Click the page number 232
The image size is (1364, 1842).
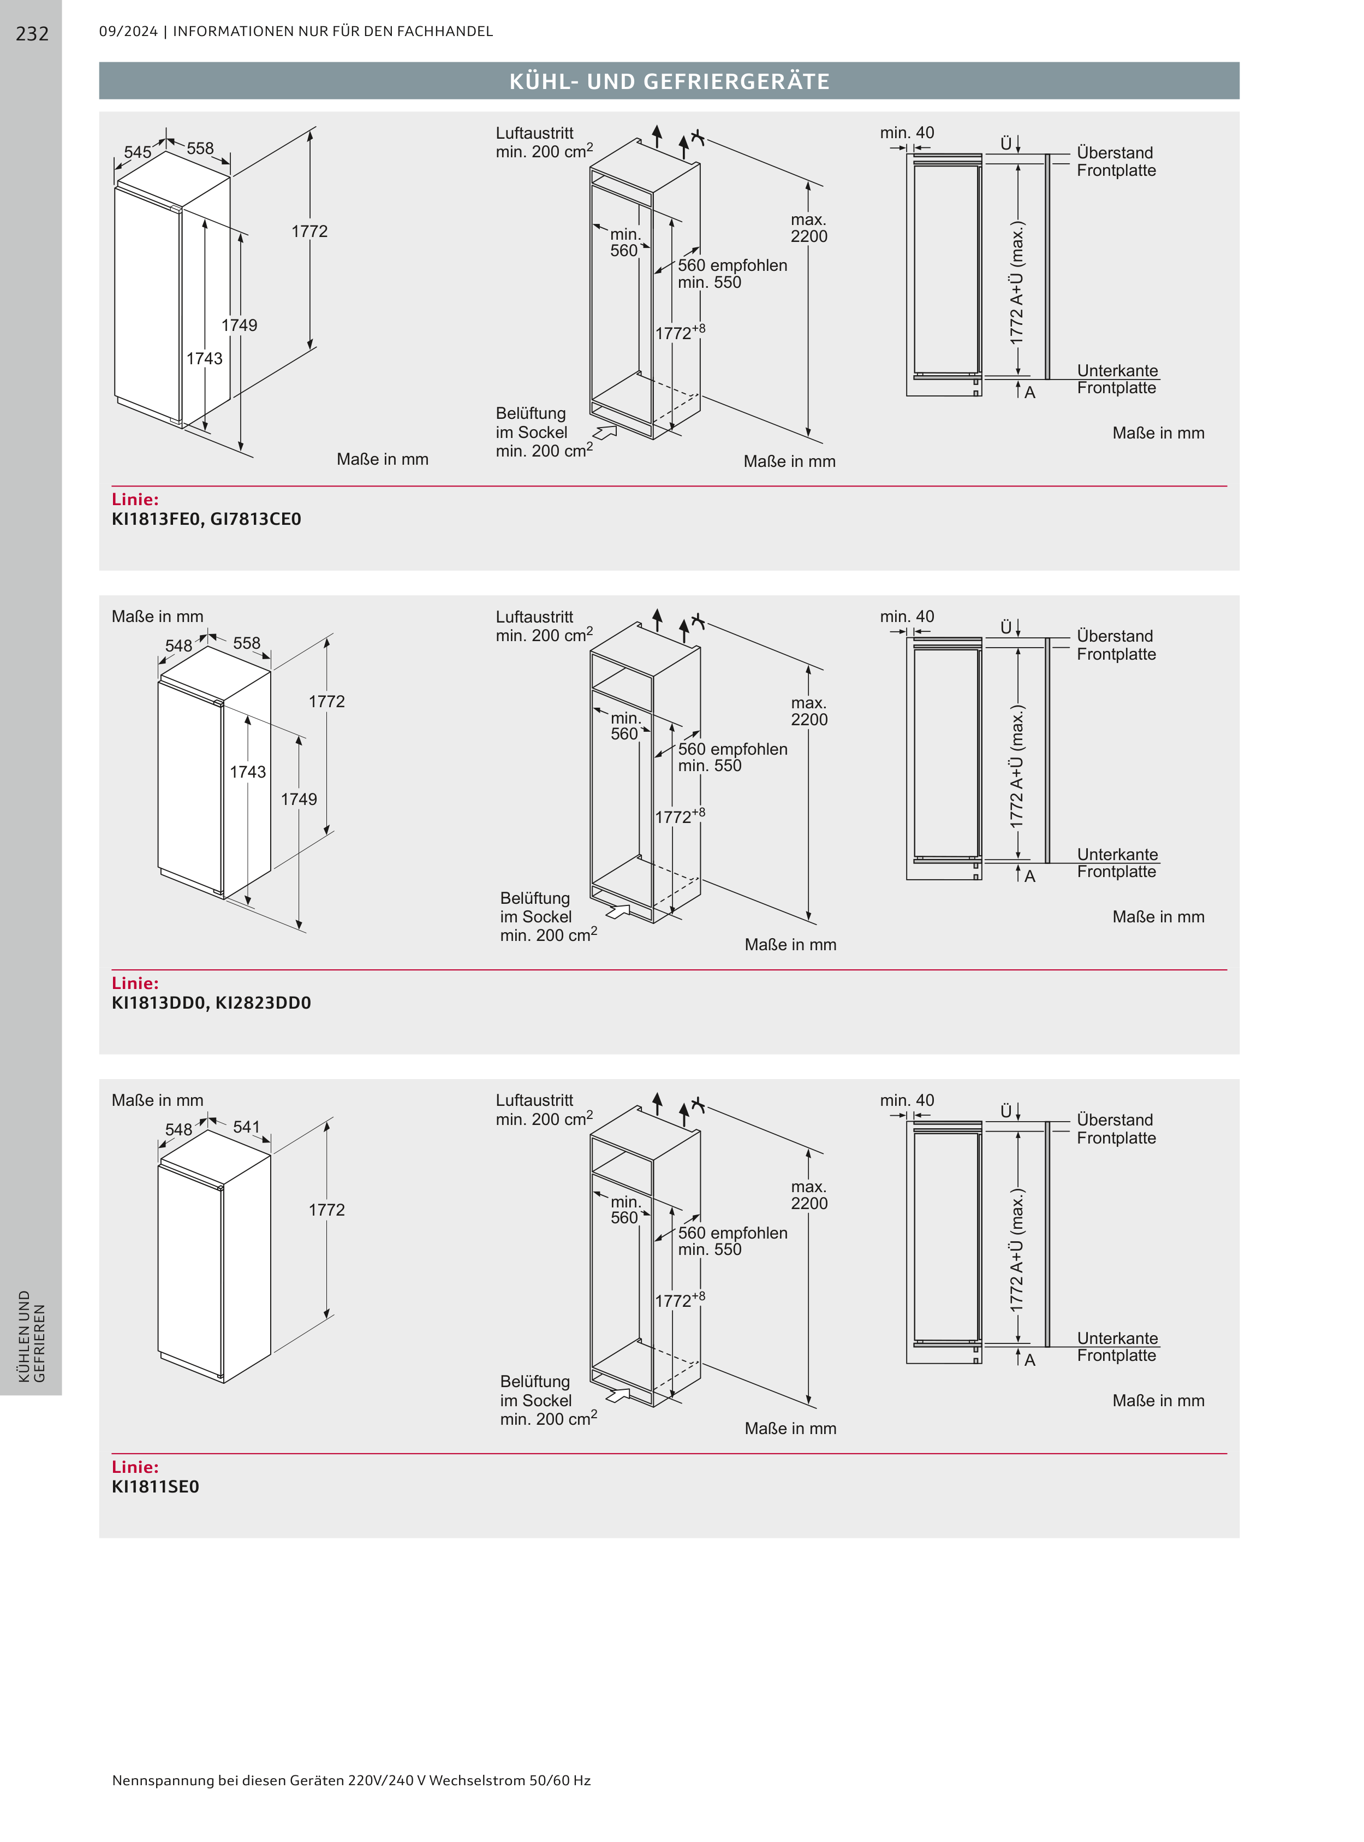tap(32, 34)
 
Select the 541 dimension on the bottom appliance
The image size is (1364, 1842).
tap(246, 1127)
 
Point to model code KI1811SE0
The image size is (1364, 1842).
tap(155, 1487)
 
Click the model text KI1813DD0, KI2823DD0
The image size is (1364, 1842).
tap(211, 1003)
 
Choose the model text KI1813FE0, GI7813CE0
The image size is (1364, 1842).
tap(206, 519)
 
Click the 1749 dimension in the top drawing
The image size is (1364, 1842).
tap(240, 325)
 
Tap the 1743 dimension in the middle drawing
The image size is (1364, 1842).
tap(248, 772)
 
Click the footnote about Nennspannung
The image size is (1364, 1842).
tap(351, 1780)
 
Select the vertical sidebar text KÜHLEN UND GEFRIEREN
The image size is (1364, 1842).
tap(31, 1336)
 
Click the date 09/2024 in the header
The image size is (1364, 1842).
tap(128, 31)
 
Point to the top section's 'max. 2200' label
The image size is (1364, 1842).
tap(808, 228)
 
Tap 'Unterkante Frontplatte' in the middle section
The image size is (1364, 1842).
tap(1117, 863)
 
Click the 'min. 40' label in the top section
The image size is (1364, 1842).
tap(907, 133)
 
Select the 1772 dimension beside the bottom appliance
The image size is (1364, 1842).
tap(326, 1210)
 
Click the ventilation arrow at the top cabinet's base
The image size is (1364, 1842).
tap(605, 432)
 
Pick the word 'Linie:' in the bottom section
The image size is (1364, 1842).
tap(135, 1467)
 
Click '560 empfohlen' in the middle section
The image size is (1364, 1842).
tap(732, 749)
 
